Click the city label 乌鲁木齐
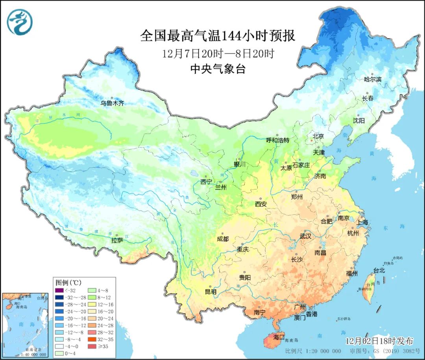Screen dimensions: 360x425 pyautogui.click(x=112, y=103)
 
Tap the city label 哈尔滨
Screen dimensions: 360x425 pyautogui.click(x=373, y=79)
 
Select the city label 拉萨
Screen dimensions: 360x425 pyautogui.click(x=117, y=240)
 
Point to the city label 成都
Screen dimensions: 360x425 pyautogui.click(x=222, y=239)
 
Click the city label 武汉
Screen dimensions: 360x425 pyautogui.click(x=305, y=236)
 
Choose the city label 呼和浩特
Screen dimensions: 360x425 pyautogui.click(x=278, y=140)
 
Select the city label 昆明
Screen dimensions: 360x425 pyautogui.click(x=211, y=292)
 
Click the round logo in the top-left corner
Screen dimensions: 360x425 pyautogui.click(x=19, y=22)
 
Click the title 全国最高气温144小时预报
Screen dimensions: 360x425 pyautogui.click(x=218, y=36)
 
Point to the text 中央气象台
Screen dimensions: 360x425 pyautogui.click(x=218, y=69)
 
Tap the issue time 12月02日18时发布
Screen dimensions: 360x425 pyautogui.click(x=379, y=340)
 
